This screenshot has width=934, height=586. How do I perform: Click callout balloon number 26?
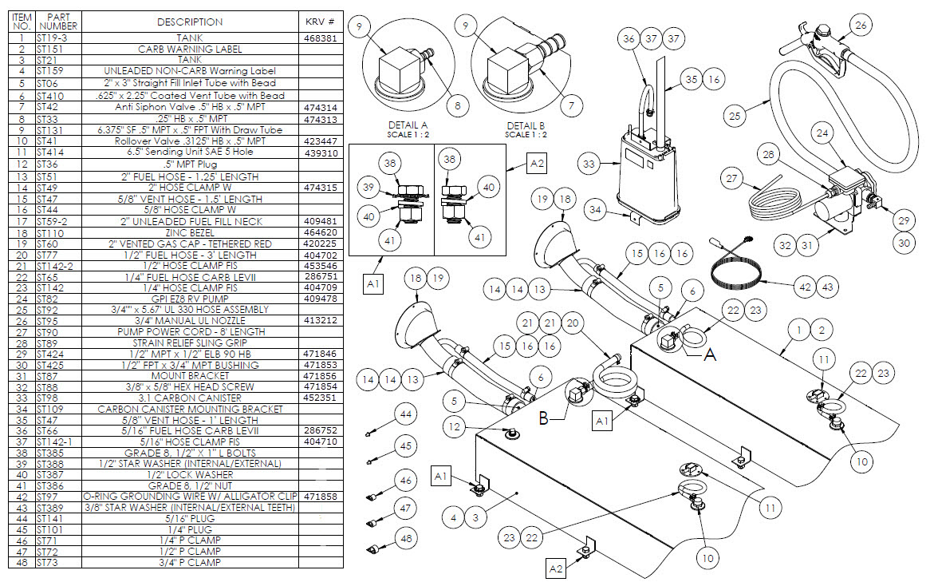click(860, 25)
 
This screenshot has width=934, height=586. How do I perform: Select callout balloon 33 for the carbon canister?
click(590, 165)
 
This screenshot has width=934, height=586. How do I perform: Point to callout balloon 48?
click(406, 540)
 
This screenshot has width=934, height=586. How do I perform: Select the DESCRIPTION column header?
click(190, 22)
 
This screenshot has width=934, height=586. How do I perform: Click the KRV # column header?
click(321, 22)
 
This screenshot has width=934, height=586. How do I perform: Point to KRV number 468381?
click(321, 38)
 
